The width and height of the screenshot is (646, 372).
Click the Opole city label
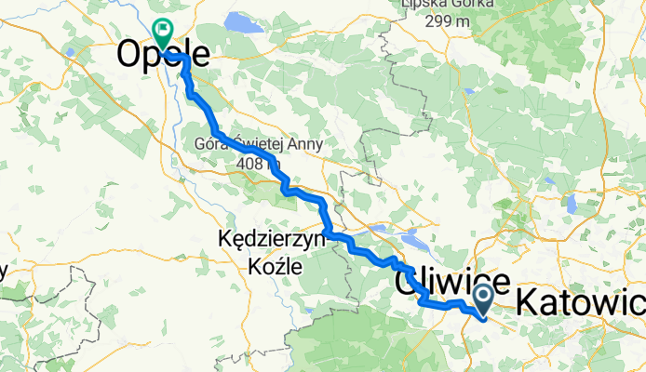point(162,57)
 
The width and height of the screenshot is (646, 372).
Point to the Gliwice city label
point(452,280)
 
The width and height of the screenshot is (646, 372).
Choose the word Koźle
point(276,265)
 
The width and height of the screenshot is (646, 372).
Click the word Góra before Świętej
point(211,144)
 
